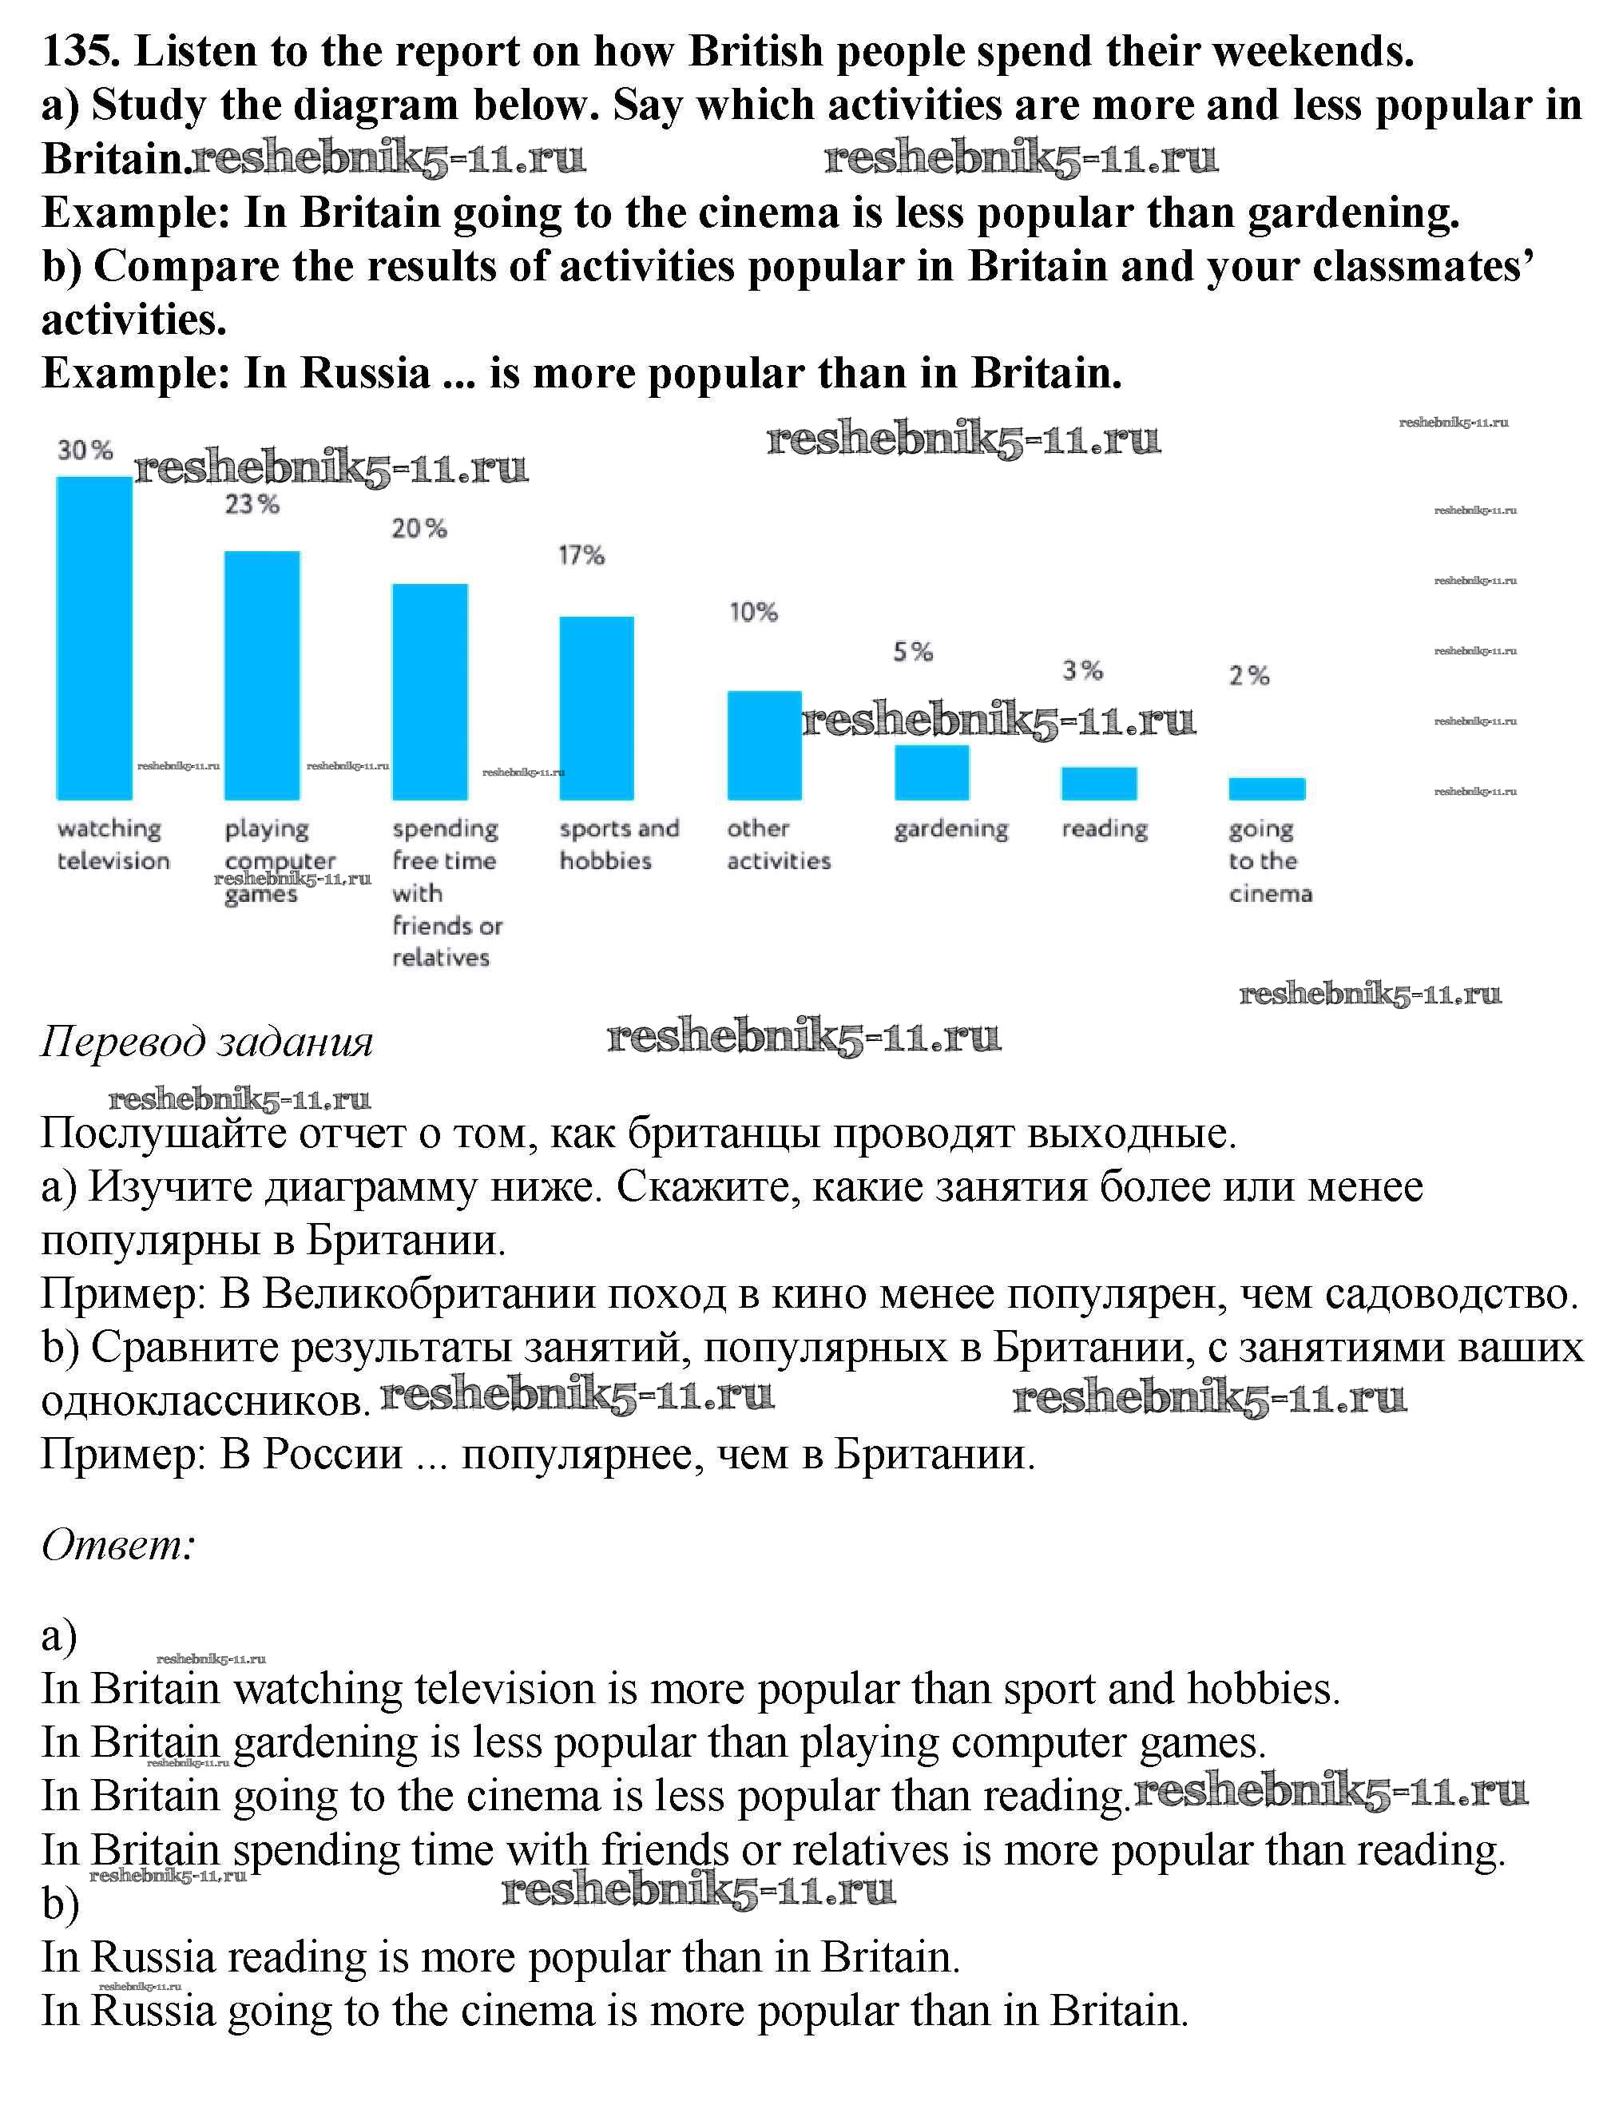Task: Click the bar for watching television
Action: coord(94,638)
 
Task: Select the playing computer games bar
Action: coord(261,675)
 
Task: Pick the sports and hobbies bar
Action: coord(597,708)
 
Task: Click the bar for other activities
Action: coord(764,745)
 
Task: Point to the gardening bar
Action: coord(931,772)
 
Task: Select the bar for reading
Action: coord(1099,783)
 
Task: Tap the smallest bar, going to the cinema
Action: coord(1267,788)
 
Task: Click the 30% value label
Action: coord(85,450)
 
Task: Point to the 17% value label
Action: coord(581,555)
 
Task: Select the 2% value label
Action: coord(1248,676)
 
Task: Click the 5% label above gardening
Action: coord(913,652)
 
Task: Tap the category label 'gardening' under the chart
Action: coord(950,829)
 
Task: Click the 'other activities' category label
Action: coord(778,844)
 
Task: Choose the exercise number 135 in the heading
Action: coord(80,51)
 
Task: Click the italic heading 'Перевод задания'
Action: coord(207,1042)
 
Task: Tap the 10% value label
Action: coord(752,612)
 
